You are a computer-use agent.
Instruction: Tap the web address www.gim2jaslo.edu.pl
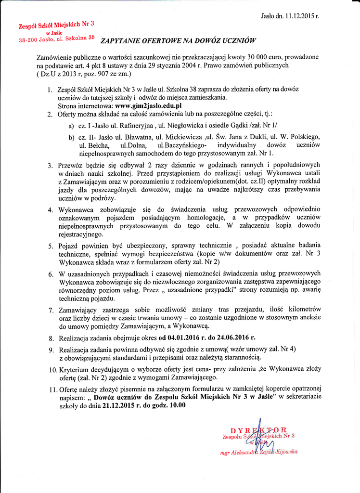[148, 105]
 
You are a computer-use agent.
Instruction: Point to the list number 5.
[51, 246]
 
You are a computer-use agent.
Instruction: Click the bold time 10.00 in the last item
[176, 405]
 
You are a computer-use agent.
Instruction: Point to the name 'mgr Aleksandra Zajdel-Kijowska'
[258, 452]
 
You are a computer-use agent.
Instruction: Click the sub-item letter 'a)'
[71, 126]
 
